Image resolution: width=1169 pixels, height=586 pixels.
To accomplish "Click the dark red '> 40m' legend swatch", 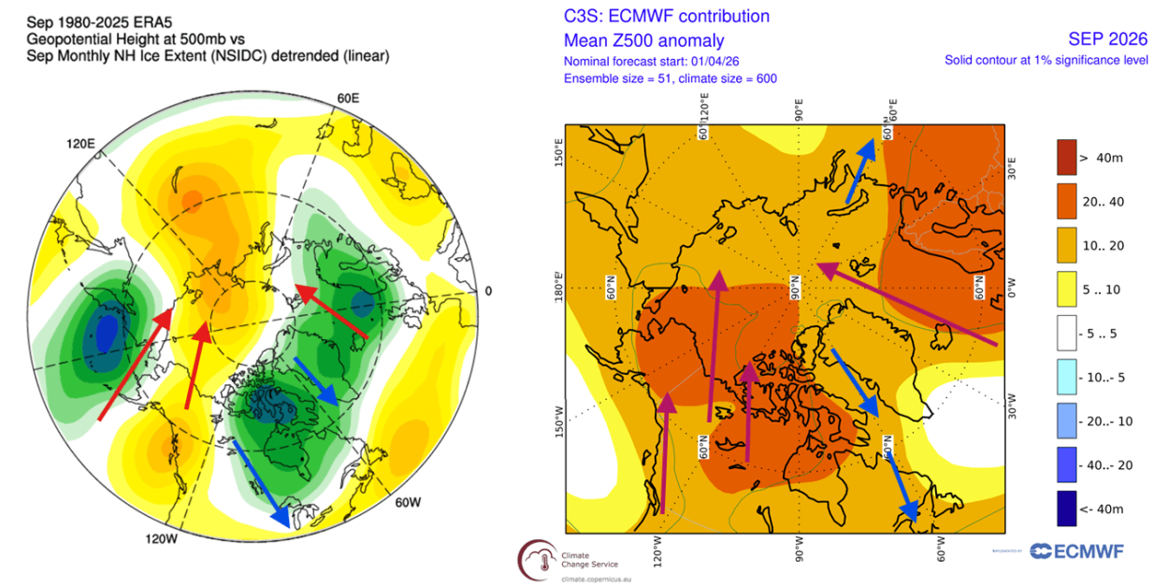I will pos(1071,157).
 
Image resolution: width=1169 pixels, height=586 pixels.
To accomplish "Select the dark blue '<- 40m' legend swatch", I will pos(1071,509).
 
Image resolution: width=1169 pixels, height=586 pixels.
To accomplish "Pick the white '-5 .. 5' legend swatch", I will pos(1071,334).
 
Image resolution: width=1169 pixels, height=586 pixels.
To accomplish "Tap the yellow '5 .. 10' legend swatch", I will pos(1071,290).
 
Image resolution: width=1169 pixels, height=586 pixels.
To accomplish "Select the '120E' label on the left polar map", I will pos(80,144).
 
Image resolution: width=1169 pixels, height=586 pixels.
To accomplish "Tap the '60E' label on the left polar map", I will pos(349,98).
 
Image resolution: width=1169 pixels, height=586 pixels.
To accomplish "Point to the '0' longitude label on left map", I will pos(487,291).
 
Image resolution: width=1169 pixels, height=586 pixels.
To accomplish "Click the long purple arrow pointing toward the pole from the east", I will pos(907,304).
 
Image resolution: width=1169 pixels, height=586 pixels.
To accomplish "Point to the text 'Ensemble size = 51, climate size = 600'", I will pos(670,79).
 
